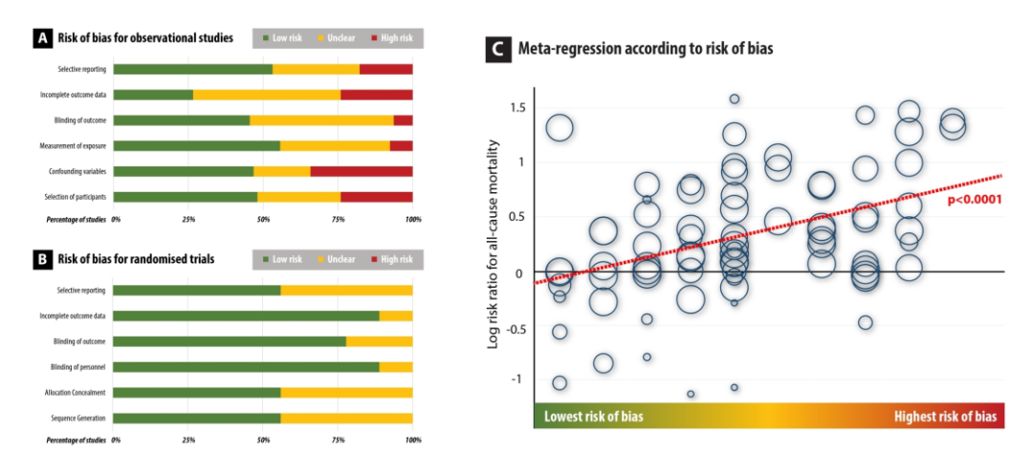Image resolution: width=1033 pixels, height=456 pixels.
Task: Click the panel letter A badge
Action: coord(41,39)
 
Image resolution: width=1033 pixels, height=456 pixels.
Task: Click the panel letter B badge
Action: coord(41,260)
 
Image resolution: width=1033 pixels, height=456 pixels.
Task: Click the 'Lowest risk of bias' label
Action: coord(593,417)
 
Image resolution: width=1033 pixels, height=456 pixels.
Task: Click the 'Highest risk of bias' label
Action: coord(945,417)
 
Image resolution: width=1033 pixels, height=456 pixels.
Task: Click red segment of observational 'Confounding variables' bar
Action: coord(362,171)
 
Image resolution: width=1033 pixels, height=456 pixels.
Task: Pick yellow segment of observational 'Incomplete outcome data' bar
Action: coord(266,95)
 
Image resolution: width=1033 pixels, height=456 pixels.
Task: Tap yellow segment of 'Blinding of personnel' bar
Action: coord(396,366)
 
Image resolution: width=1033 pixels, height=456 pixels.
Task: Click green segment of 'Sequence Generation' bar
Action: coord(196,418)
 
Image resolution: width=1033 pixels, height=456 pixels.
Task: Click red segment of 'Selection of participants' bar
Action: coord(376,197)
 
